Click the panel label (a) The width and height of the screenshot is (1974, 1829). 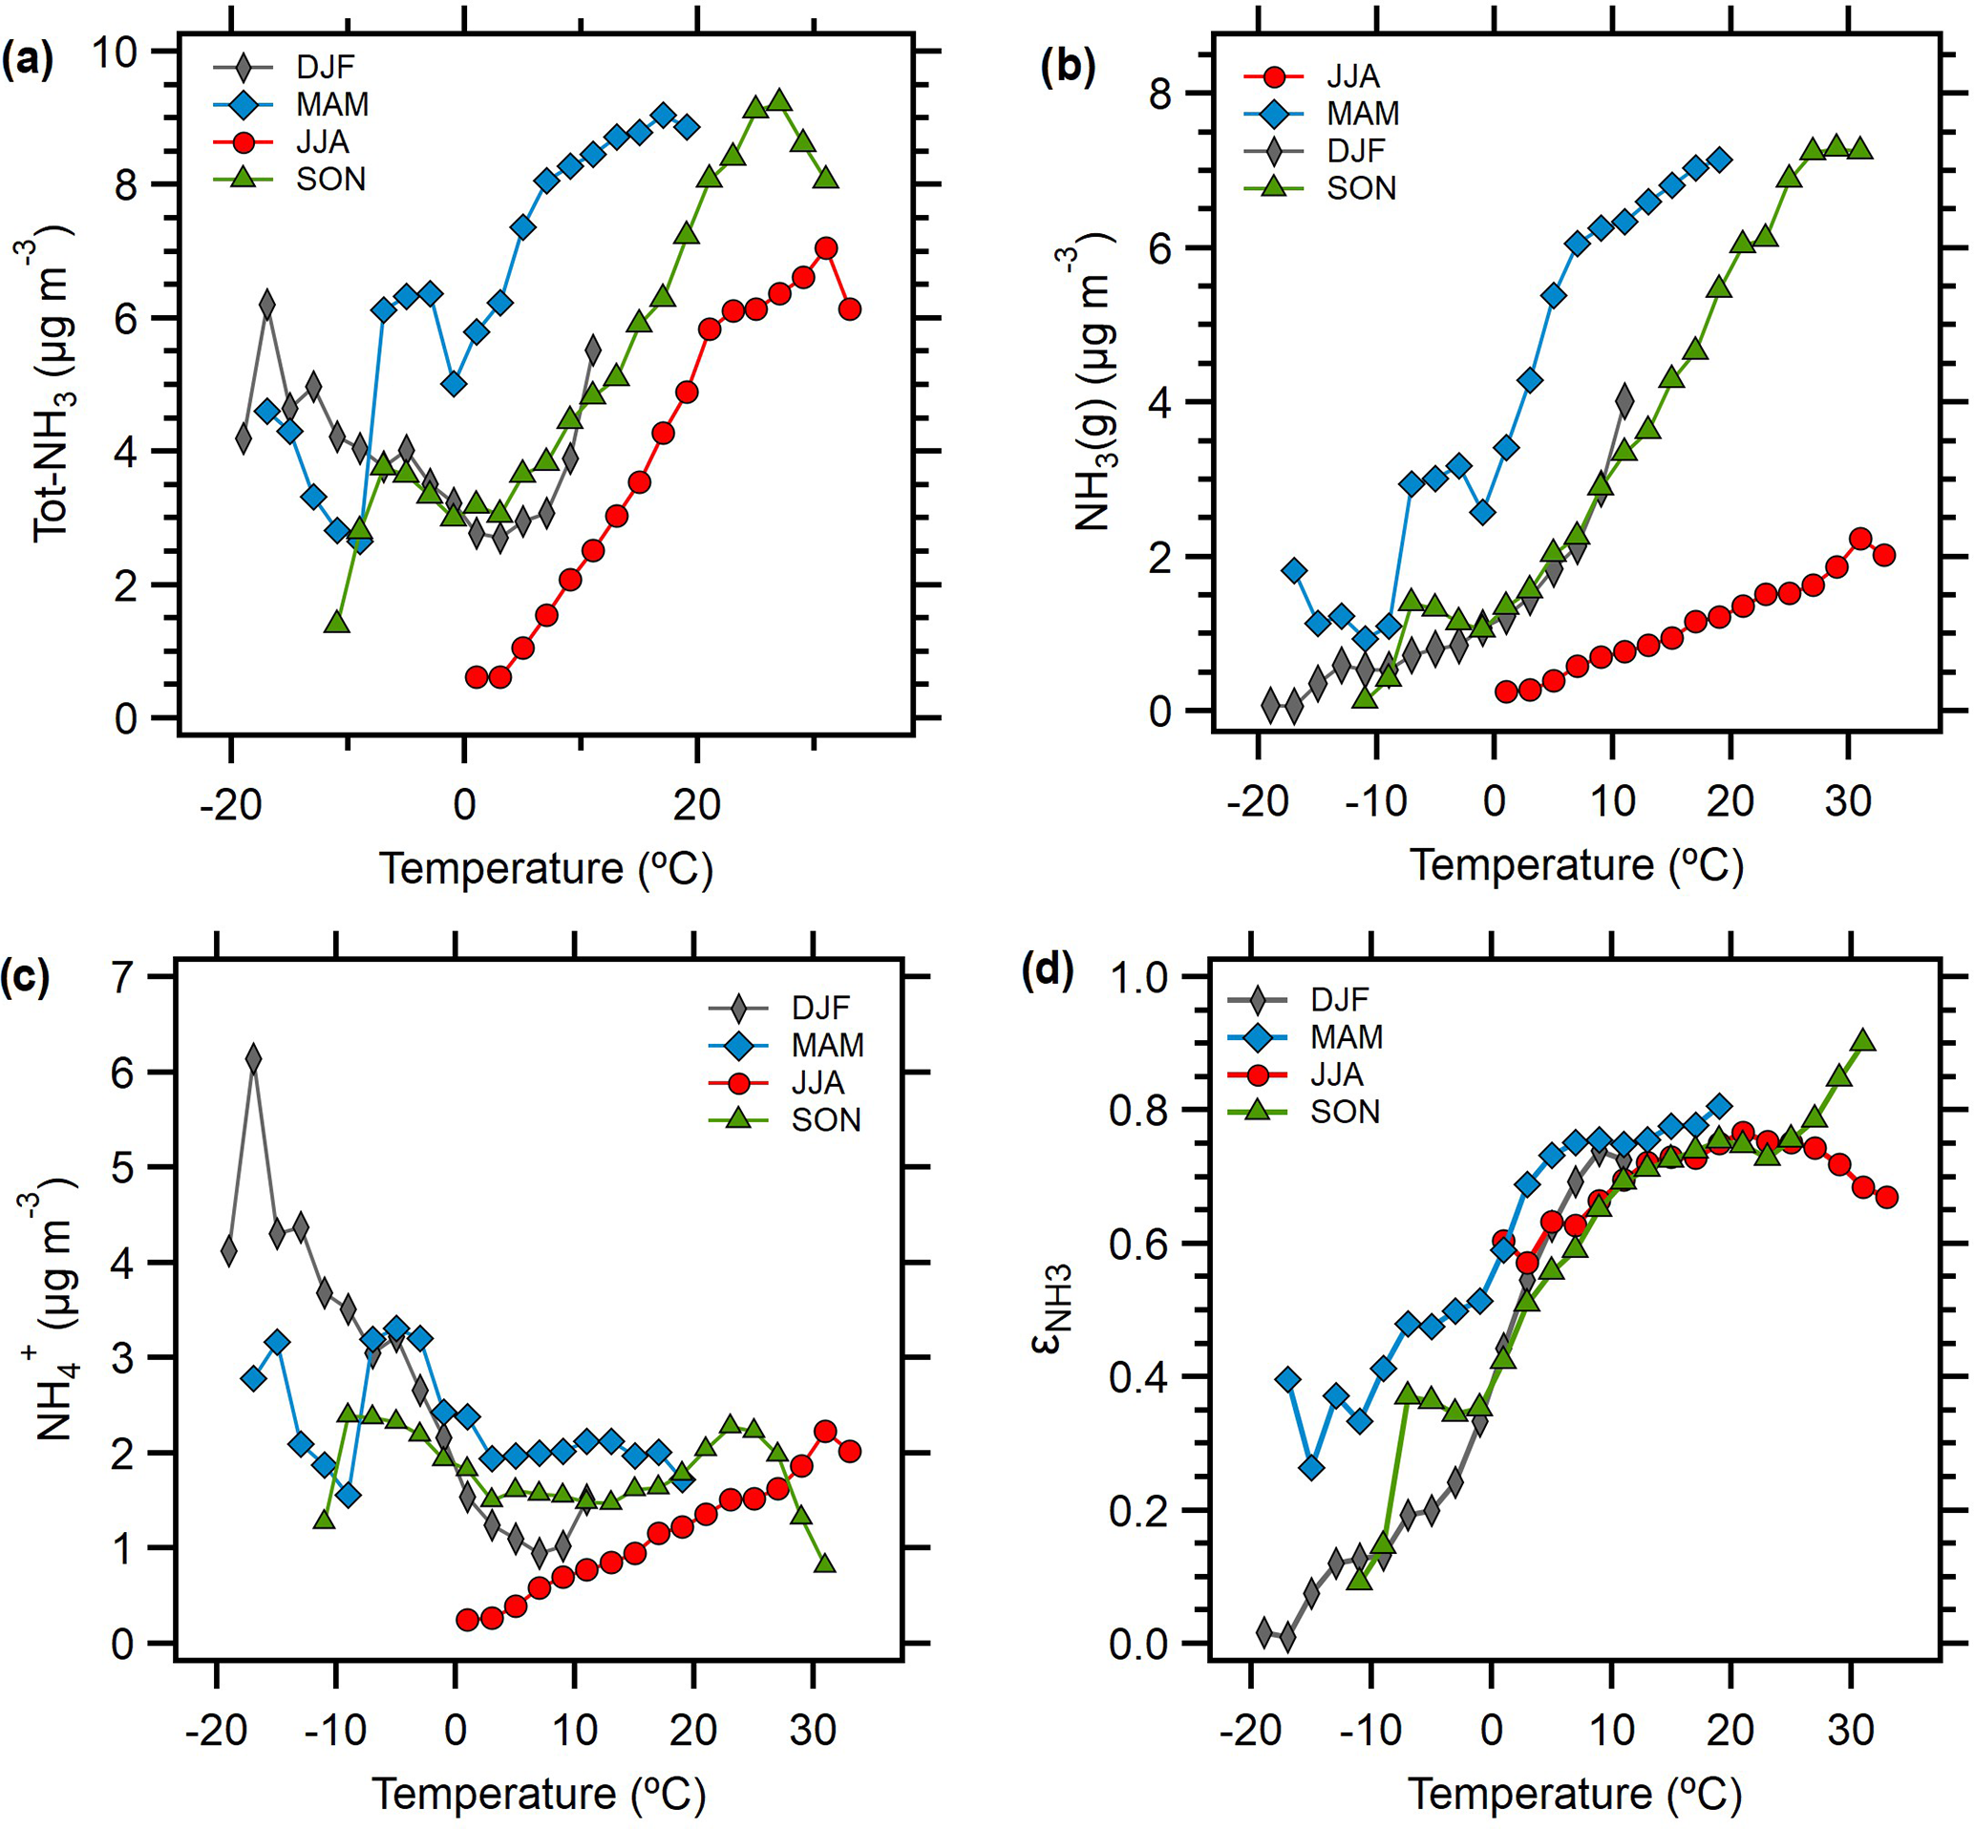pos(27,61)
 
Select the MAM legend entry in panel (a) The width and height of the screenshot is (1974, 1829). pos(332,104)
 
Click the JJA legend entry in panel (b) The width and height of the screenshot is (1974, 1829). pos(1352,76)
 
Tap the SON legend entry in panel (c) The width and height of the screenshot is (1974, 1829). pos(825,1120)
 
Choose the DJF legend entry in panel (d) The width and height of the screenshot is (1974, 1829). pos(1339,999)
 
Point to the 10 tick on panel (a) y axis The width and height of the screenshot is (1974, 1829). pos(115,52)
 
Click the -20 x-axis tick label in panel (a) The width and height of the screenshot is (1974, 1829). pos(230,804)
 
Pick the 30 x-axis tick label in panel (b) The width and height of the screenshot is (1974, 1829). pos(1847,800)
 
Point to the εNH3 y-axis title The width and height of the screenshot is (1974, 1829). pos(1058,1308)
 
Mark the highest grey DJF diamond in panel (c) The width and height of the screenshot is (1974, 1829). pos(253,1058)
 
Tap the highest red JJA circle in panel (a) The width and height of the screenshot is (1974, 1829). pos(826,248)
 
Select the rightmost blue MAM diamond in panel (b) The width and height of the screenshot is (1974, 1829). pos(1720,160)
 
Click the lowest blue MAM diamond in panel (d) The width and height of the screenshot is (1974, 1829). pos(1312,1468)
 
